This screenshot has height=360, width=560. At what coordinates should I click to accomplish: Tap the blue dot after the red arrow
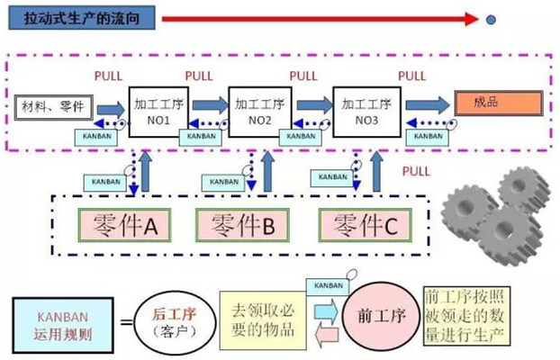[490, 19]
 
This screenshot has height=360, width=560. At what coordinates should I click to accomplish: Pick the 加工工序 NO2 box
[257, 111]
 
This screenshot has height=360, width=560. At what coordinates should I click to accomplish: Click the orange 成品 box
[498, 103]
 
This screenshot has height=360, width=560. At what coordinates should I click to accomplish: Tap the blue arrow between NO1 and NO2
[210, 108]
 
